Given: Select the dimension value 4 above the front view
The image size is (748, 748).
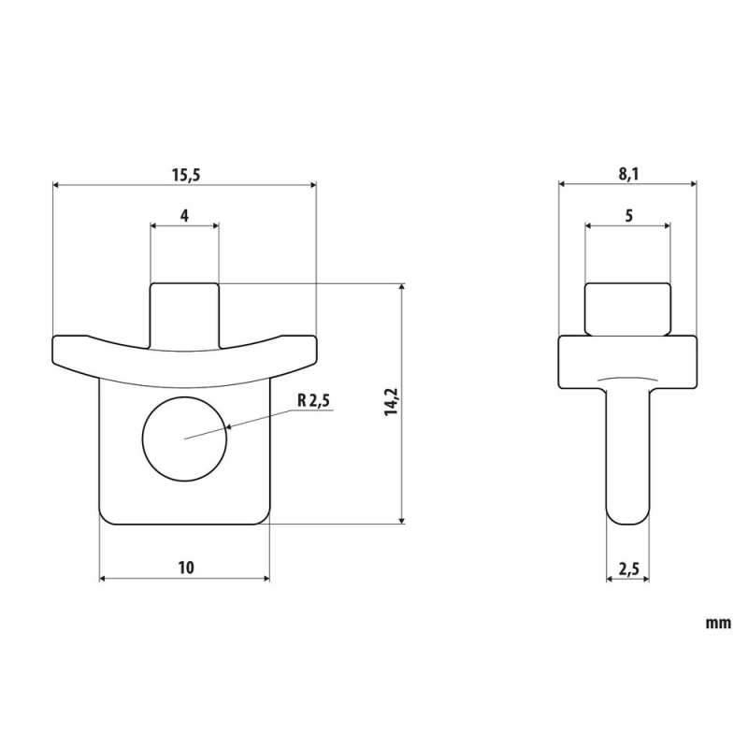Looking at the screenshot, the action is point(184,216).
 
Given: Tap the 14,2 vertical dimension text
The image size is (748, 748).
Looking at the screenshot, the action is point(391,402).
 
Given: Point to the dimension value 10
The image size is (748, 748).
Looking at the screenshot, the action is point(186,568).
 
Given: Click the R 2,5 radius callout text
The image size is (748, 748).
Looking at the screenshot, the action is point(313,401).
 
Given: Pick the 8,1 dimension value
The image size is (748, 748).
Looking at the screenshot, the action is point(628,175).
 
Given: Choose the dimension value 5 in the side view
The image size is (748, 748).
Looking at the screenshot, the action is point(628,216).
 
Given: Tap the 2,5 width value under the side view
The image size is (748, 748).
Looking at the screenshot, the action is point(628,569).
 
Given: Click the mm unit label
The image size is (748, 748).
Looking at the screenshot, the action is point(718,624).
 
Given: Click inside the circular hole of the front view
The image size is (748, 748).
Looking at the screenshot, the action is point(184,439).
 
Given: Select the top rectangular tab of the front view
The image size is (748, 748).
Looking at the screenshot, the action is point(184,315).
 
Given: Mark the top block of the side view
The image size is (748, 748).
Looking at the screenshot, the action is point(627,309).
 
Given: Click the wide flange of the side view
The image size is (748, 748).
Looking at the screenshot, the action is point(627,362).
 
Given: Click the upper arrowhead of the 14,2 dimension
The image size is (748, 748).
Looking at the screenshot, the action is point(402,288).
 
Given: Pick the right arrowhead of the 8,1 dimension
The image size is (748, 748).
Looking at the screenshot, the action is point(693,184).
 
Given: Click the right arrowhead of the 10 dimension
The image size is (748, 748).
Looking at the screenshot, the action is point(266,579).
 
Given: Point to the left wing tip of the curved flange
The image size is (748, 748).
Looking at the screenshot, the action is point(53,352).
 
